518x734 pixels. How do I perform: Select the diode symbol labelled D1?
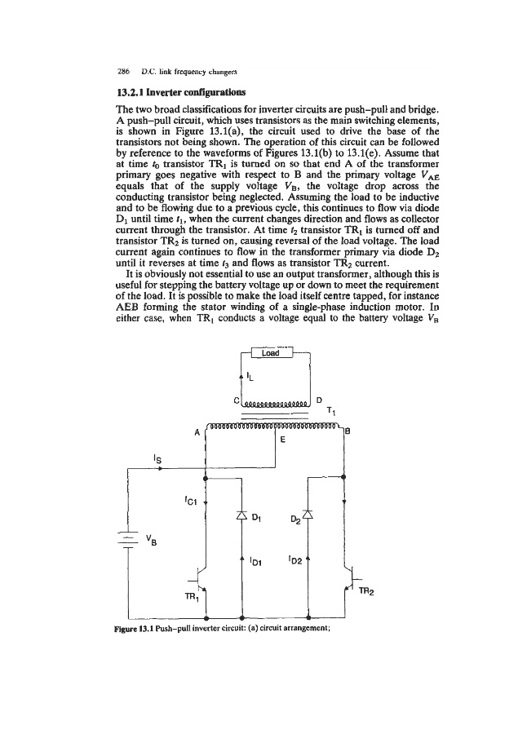(x=242, y=514)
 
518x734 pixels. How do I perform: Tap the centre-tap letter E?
(x=282, y=439)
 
